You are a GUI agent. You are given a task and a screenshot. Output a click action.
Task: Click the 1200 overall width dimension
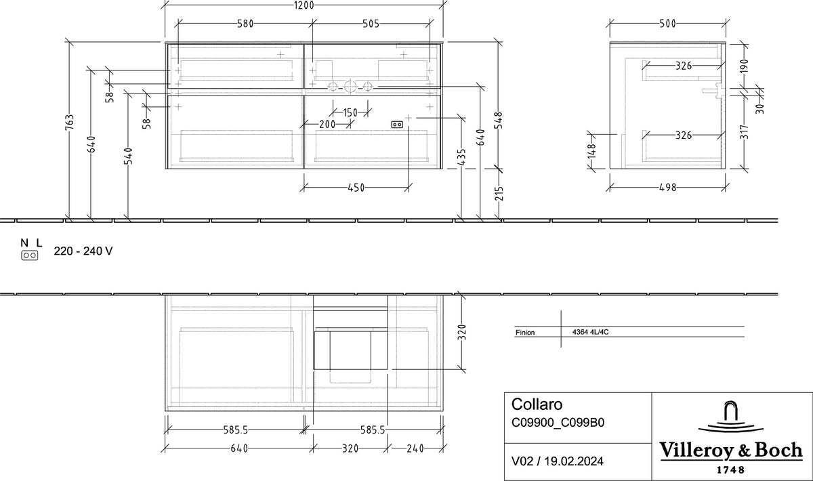pyautogui.click(x=304, y=5)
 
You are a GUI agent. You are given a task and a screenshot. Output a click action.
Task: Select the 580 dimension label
pyautogui.click(x=245, y=24)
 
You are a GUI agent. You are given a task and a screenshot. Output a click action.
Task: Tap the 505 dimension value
pyautogui.click(x=371, y=24)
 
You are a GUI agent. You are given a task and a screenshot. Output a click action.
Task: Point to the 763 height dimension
pyautogui.click(x=70, y=122)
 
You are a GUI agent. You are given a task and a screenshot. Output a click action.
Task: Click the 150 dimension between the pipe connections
pyautogui.click(x=350, y=112)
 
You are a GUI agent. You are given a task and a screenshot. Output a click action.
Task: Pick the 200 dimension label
pyautogui.click(x=327, y=124)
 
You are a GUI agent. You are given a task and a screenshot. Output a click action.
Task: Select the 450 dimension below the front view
pyautogui.click(x=356, y=188)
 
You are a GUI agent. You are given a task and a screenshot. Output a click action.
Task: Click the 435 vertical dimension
pyautogui.click(x=461, y=157)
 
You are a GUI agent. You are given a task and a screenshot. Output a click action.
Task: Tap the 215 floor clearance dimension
pyautogui.click(x=499, y=194)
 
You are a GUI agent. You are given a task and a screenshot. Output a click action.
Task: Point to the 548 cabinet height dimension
pyautogui.click(x=499, y=120)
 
